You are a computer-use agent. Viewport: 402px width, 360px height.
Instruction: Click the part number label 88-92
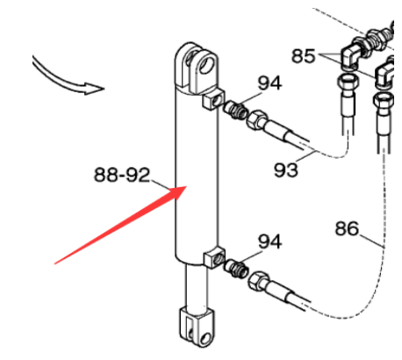(x=122, y=175)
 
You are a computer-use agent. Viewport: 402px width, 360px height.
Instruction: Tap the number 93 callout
(x=286, y=169)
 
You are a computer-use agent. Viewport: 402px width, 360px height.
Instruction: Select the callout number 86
(x=347, y=228)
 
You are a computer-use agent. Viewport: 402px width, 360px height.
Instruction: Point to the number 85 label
(x=304, y=55)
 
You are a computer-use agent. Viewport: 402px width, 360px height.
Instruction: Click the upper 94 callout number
(x=269, y=83)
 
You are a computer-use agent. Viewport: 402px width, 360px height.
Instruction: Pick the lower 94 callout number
(x=269, y=241)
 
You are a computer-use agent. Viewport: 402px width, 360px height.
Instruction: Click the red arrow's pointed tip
(x=186, y=186)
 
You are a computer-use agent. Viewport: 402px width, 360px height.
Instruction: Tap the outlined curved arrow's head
(x=94, y=89)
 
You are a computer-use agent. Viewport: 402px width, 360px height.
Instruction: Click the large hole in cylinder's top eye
(x=207, y=65)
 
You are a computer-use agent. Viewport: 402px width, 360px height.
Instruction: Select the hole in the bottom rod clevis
(x=206, y=339)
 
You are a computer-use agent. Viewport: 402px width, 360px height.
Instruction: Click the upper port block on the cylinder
(x=213, y=99)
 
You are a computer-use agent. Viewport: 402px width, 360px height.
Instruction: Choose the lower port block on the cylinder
(x=214, y=257)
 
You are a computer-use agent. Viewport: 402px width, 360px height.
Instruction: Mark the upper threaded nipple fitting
(x=236, y=111)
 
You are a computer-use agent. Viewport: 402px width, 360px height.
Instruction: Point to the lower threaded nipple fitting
(x=236, y=269)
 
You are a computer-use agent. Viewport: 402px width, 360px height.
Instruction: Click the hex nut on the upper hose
(x=256, y=119)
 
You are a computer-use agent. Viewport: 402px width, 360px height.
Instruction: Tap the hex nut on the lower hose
(x=258, y=281)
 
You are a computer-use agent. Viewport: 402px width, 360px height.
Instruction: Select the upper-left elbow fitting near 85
(x=351, y=55)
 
